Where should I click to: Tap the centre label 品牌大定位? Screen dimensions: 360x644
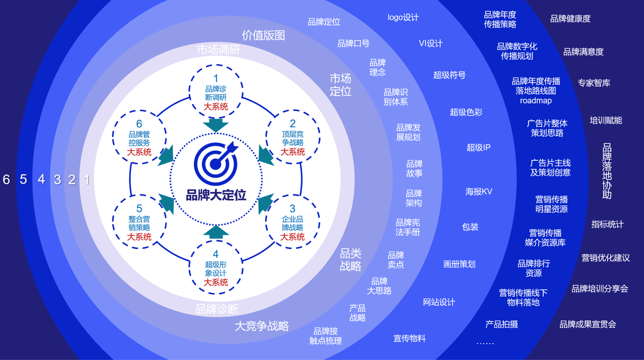click(x=216, y=195)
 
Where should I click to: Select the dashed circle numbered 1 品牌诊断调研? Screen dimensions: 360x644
click(x=216, y=92)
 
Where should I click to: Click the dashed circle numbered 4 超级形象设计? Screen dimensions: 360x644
click(x=216, y=267)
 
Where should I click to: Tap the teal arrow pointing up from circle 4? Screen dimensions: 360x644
click(x=216, y=232)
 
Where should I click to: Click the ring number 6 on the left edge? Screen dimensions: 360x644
click(x=7, y=179)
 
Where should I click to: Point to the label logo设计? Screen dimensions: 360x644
click(x=403, y=18)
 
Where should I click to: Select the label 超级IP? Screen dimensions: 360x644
click(x=478, y=147)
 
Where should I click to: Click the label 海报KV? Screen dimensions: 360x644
click(x=479, y=192)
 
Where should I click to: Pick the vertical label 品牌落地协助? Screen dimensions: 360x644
click(x=607, y=171)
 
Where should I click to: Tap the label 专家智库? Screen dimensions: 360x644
click(x=594, y=83)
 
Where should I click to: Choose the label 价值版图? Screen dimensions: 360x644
click(x=263, y=35)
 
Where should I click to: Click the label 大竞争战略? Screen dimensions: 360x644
click(x=261, y=326)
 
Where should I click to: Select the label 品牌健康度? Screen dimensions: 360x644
click(x=570, y=19)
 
